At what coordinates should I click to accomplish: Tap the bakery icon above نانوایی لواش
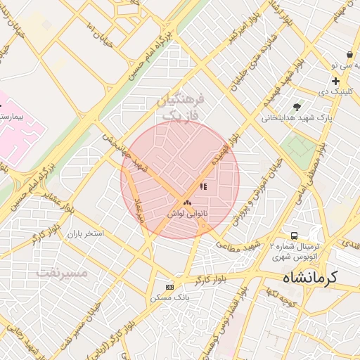pos(186,202)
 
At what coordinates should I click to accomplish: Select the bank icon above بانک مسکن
pos(169,287)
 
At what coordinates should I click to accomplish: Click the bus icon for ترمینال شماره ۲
pos(293,236)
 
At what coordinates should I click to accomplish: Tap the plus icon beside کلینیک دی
pos(336,82)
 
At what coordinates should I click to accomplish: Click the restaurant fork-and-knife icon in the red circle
pos(203,187)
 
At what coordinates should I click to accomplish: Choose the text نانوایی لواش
pos(186,212)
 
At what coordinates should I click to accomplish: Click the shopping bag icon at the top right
pos(349,54)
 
